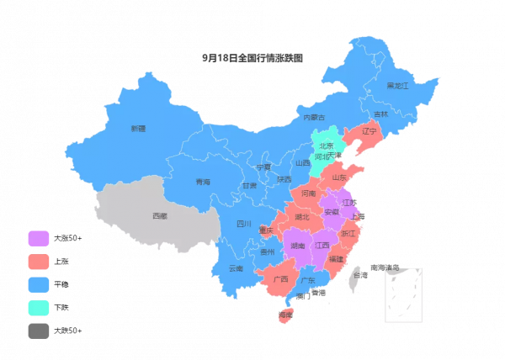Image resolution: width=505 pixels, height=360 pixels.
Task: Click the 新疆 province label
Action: [x=138, y=129]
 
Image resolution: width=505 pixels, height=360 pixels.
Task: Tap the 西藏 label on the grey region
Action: [x=160, y=216]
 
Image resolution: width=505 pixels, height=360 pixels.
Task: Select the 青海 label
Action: [x=203, y=182]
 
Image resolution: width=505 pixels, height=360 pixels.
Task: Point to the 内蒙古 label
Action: [x=313, y=117]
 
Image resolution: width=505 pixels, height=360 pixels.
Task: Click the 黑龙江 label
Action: [x=397, y=86]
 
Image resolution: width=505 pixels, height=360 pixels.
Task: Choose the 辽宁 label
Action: [x=369, y=131]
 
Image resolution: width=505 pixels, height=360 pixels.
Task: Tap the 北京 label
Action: [x=327, y=146]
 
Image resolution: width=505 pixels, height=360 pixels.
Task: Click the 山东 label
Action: [x=339, y=177]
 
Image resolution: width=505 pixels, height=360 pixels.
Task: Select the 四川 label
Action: [x=244, y=224]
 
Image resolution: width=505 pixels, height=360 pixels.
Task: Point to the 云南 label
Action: [x=236, y=268]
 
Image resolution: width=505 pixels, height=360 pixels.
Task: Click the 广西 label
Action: [x=280, y=278]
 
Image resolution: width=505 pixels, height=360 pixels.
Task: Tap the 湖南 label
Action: [x=297, y=246]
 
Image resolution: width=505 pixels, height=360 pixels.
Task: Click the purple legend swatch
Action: [x=39, y=239]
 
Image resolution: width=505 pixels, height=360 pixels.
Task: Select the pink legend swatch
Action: [x=39, y=262]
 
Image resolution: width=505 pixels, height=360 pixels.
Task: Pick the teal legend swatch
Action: [x=39, y=308]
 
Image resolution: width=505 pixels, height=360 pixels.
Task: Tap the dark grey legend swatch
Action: [x=39, y=331]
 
